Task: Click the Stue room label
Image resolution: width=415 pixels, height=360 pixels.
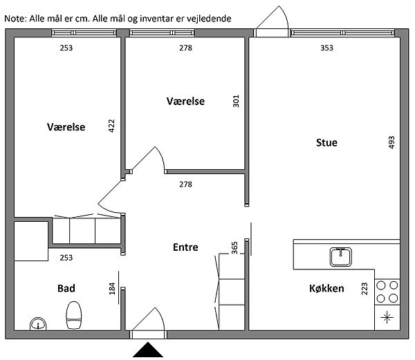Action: [x=326, y=143]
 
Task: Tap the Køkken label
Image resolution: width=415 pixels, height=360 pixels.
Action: [x=326, y=288]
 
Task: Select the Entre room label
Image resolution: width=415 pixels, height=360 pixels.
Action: [x=185, y=247]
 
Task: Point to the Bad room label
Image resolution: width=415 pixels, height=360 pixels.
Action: [x=66, y=288]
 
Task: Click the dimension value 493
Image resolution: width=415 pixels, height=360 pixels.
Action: [x=391, y=142]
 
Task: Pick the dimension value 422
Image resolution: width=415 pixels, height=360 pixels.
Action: [x=111, y=126]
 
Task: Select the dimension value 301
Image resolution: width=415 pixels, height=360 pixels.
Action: [x=236, y=101]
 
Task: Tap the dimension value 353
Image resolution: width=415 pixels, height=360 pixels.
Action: [x=326, y=48]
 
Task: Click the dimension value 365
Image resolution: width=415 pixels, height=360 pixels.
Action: [x=234, y=248]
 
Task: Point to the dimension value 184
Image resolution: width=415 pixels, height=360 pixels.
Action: [x=112, y=289]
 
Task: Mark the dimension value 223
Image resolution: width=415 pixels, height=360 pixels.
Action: [x=365, y=289]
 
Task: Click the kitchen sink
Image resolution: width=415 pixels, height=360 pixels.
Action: [x=340, y=256]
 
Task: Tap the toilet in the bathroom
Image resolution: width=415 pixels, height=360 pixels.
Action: [x=73, y=315]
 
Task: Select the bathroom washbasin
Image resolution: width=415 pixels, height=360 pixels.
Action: [x=38, y=324]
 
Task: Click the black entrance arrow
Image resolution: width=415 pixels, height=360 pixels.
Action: [x=148, y=350]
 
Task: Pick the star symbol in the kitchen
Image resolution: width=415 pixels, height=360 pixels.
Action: [x=387, y=317]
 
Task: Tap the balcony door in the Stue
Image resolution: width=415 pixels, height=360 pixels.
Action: [x=272, y=21]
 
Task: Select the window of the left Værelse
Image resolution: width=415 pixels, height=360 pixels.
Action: [x=84, y=32]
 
